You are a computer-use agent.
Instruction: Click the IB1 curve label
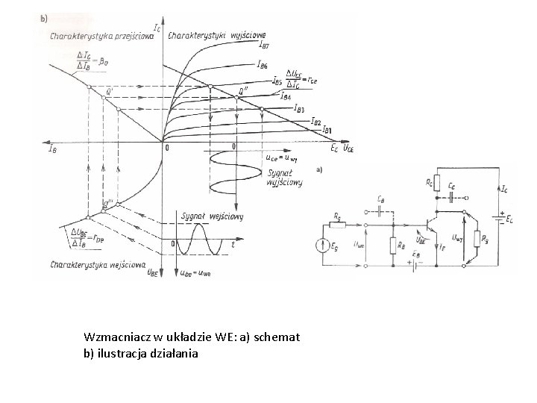[x=327, y=131]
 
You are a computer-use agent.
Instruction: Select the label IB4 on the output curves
[x=286, y=96]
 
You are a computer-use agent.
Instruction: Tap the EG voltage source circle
[x=323, y=244]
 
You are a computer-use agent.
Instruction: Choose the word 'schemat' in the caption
[x=277, y=337]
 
